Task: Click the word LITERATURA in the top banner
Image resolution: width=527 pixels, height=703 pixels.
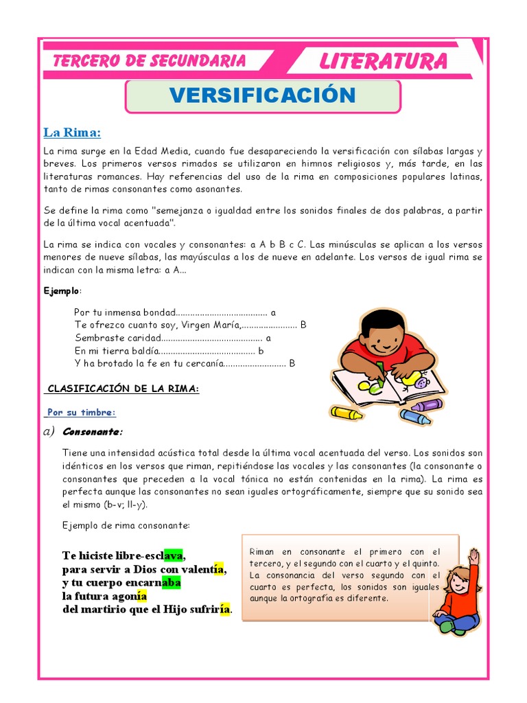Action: (383, 62)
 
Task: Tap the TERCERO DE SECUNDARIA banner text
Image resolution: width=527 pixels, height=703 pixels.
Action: (150, 61)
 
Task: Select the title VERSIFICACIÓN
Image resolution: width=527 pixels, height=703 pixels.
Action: (263, 95)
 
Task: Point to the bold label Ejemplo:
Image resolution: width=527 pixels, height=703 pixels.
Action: (62, 290)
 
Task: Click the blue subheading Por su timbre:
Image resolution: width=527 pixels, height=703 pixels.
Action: (82, 412)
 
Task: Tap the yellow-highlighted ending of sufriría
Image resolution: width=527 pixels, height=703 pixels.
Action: (224, 609)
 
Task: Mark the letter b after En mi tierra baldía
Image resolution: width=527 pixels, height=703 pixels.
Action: (261, 351)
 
